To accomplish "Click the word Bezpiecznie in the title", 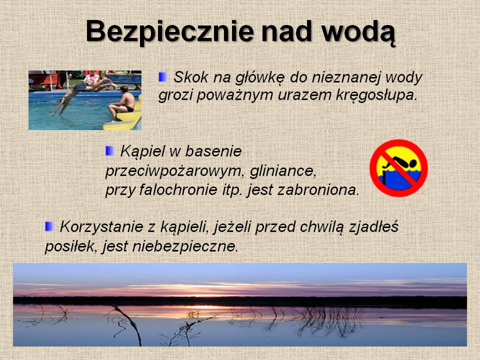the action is coord(170,31).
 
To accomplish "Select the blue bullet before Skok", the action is coord(163,77).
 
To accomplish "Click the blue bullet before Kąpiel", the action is coord(110,150).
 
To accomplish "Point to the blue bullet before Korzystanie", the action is coord(49,226).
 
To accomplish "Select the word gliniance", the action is coord(283,171).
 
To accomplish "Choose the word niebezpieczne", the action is coord(185,246).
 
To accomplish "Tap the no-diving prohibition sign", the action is coord(398,168).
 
